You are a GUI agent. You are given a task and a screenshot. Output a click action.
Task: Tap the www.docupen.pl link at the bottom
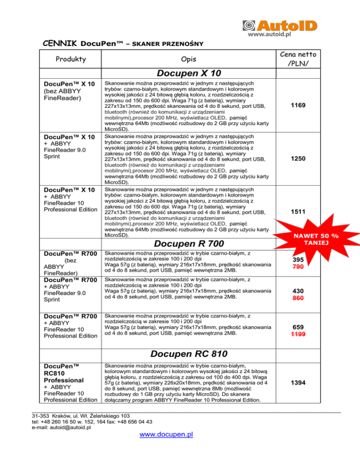coord(166,434)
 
